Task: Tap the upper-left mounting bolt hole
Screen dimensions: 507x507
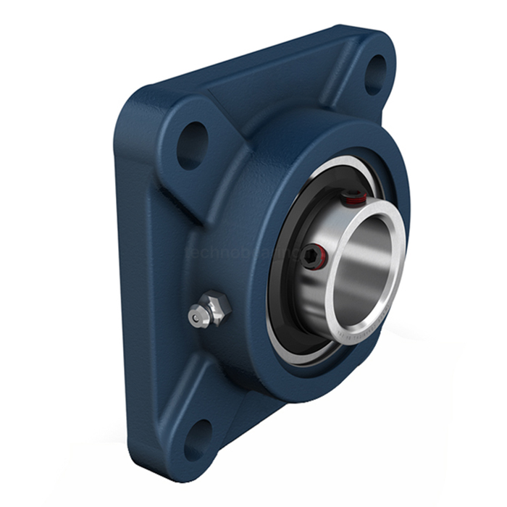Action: click(x=192, y=146)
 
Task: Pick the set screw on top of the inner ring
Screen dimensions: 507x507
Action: click(x=355, y=198)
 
